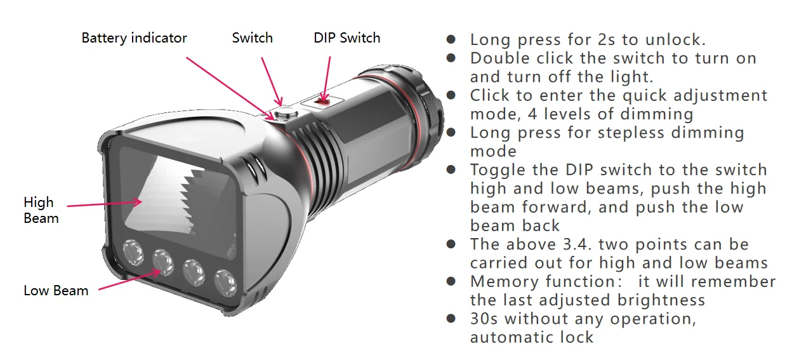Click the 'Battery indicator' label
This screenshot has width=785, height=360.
coord(134,38)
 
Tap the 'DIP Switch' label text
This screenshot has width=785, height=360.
coord(346,38)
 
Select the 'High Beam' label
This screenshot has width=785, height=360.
coord(41,210)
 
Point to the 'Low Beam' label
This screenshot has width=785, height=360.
coord(56,291)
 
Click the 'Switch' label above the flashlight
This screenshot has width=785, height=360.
coord(252,38)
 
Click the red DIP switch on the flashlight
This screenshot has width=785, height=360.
coord(323,100)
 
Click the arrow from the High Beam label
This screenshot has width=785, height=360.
coord(105,204)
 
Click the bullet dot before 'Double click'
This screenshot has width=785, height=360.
coord(451,58)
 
